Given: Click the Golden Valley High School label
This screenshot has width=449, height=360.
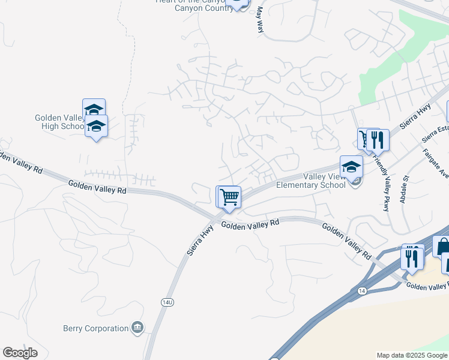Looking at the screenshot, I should click(x=59, y=122).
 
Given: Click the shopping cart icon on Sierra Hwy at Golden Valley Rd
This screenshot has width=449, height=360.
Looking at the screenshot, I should click(x=228, y=196).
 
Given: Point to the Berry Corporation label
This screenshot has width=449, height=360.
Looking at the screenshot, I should click(x=96, y=328).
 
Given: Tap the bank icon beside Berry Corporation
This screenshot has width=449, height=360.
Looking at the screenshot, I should click(x=138, y=328).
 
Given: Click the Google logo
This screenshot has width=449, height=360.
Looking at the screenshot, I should click(x=20, y=353).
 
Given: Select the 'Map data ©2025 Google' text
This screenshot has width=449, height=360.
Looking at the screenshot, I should click(x=412, y=355).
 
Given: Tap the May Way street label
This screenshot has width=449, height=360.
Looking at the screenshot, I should click(x=260, y=19).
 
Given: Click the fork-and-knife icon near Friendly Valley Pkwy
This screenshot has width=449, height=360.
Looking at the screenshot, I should click(x=378, y=140).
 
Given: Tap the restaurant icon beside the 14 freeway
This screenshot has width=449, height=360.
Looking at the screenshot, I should click(x=412, y=256).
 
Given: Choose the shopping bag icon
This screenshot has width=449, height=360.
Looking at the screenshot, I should click(x=442, y=246).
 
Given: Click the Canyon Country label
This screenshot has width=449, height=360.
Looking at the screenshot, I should click(x=203, y=8).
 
